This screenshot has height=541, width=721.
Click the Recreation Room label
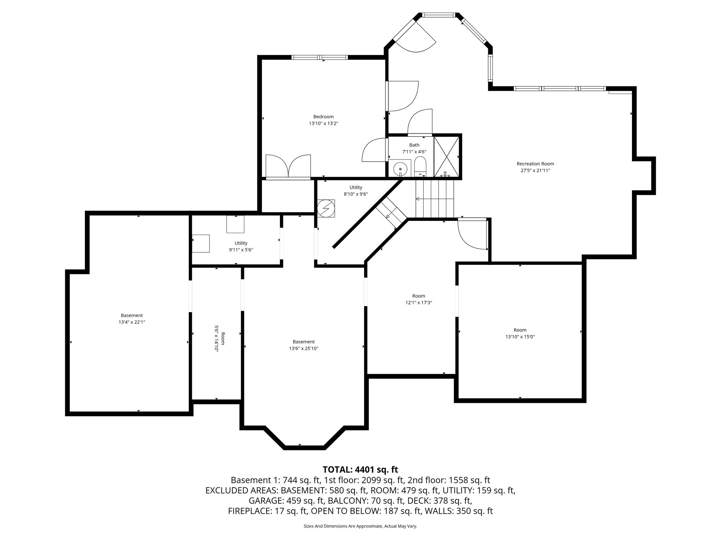coord(535,164)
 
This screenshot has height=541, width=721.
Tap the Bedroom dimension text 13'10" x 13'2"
coord(323,124)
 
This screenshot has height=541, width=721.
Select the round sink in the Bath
coord(400,169)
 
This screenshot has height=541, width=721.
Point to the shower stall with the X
coord(446,157)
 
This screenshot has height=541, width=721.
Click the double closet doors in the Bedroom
coord(288,166)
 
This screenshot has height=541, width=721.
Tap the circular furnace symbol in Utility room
coord(326,209)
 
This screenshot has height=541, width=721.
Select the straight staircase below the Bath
coord(434,199)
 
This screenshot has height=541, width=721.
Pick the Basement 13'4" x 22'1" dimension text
coord(132,322)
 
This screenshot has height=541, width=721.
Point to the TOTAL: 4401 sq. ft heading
coord(360,470)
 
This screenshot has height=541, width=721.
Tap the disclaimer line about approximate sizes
coord(360,526)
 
